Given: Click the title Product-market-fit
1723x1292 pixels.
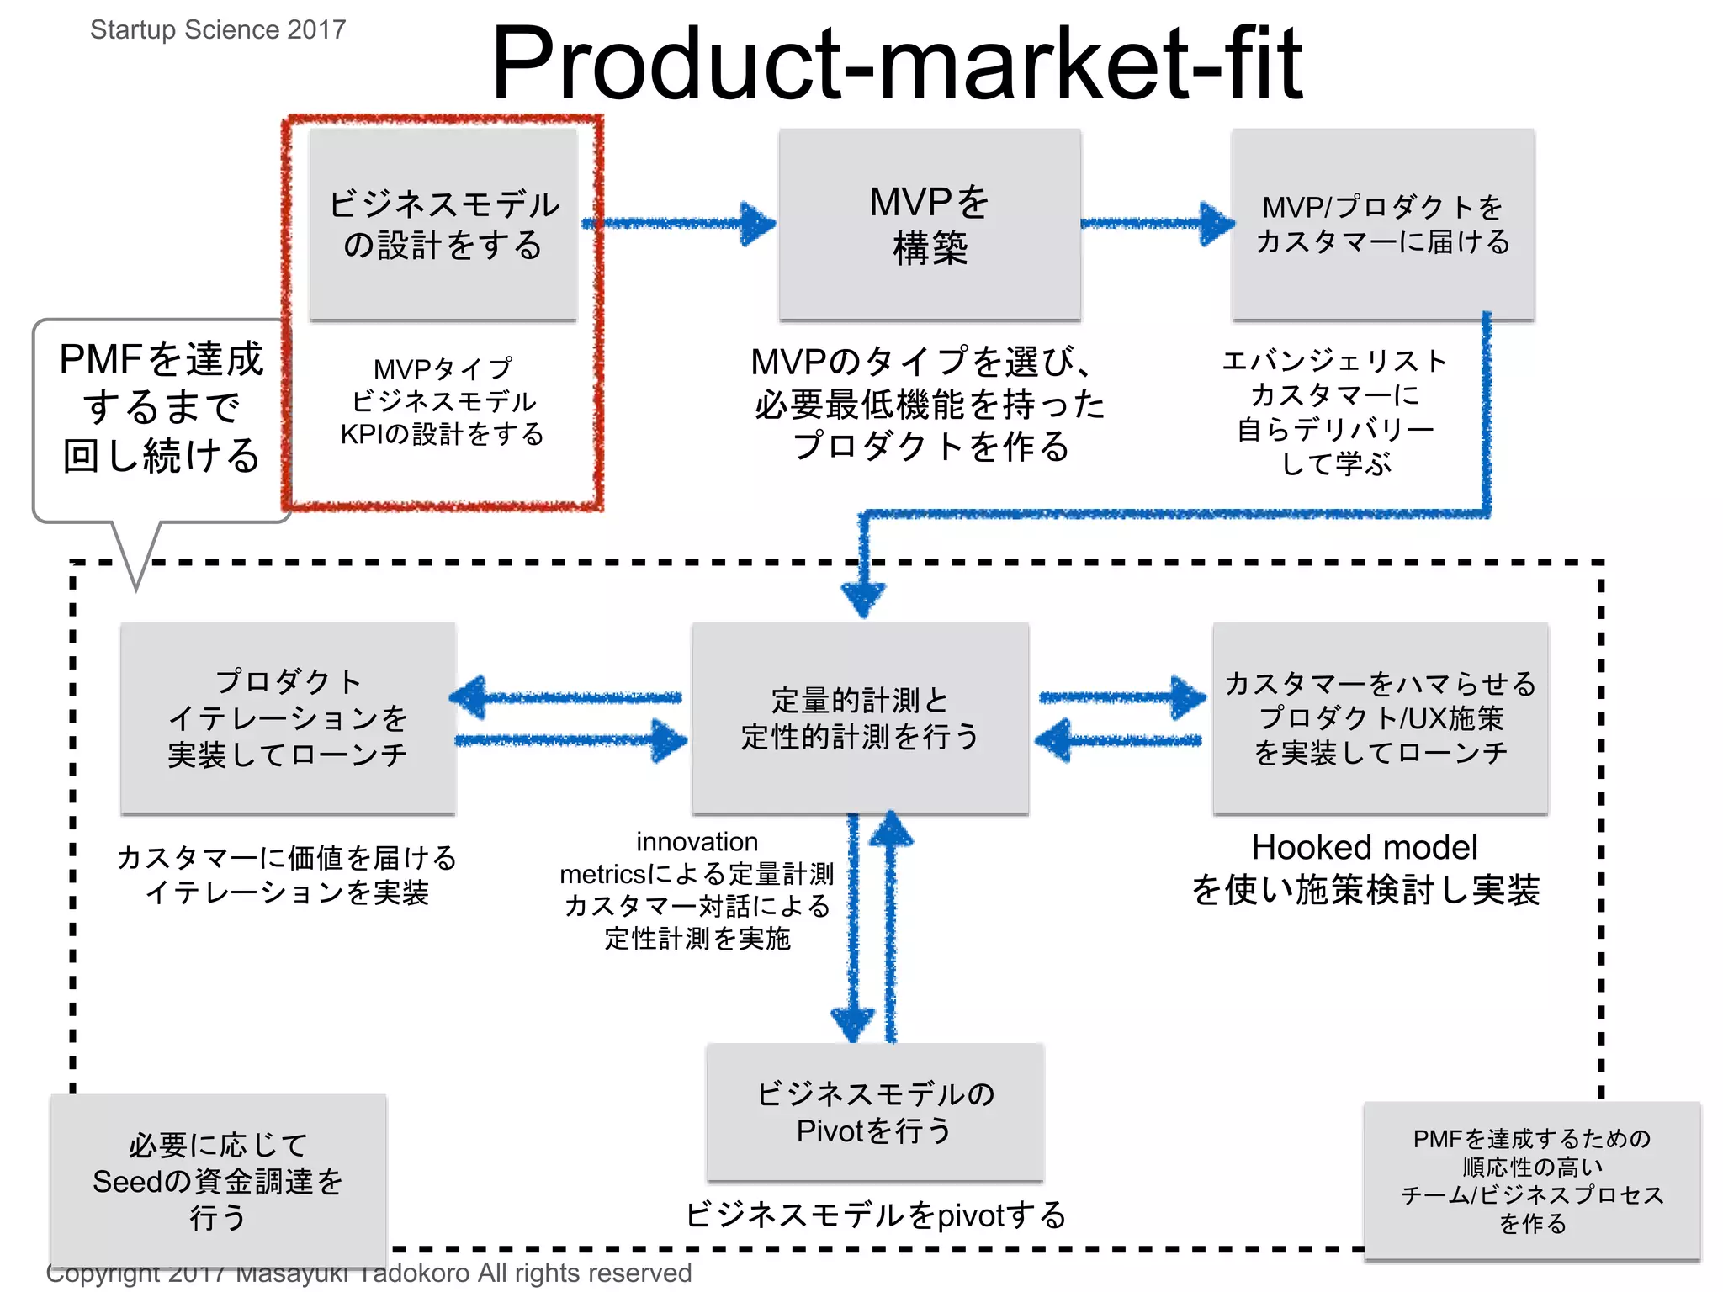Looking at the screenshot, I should (896, 63).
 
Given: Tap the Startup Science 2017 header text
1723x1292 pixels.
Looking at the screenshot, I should (218, 29).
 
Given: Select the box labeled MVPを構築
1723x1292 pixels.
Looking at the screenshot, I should (929, 224).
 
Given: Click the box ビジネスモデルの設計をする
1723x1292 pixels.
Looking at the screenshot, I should (443, 224).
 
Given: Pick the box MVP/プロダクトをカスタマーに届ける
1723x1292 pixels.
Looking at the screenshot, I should (1382, 224).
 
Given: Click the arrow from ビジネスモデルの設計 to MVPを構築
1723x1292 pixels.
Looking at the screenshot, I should (677, 224).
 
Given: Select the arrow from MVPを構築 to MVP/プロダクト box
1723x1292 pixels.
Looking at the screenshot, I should (1157, 224).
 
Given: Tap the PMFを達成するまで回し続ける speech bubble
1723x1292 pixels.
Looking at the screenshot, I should (161, 408).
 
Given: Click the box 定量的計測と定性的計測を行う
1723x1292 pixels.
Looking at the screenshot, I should (860, 717).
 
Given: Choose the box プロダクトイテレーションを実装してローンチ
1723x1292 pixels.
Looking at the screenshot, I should (288, 717).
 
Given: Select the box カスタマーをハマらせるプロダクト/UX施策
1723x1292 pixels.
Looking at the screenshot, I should (1380, 717).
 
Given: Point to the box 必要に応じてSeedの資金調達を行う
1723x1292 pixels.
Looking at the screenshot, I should (218, 1180).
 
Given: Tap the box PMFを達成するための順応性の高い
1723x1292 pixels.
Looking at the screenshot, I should (1531, 1180).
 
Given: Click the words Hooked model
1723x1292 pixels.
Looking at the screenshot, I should (1364, 847).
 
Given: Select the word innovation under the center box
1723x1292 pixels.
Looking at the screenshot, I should (697, 841).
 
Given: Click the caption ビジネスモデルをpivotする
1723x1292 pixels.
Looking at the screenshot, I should (875, 1215).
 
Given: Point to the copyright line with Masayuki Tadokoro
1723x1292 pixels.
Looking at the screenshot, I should (368, 1273).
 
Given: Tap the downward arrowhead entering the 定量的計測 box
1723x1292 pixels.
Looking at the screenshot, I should (862, 599).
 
